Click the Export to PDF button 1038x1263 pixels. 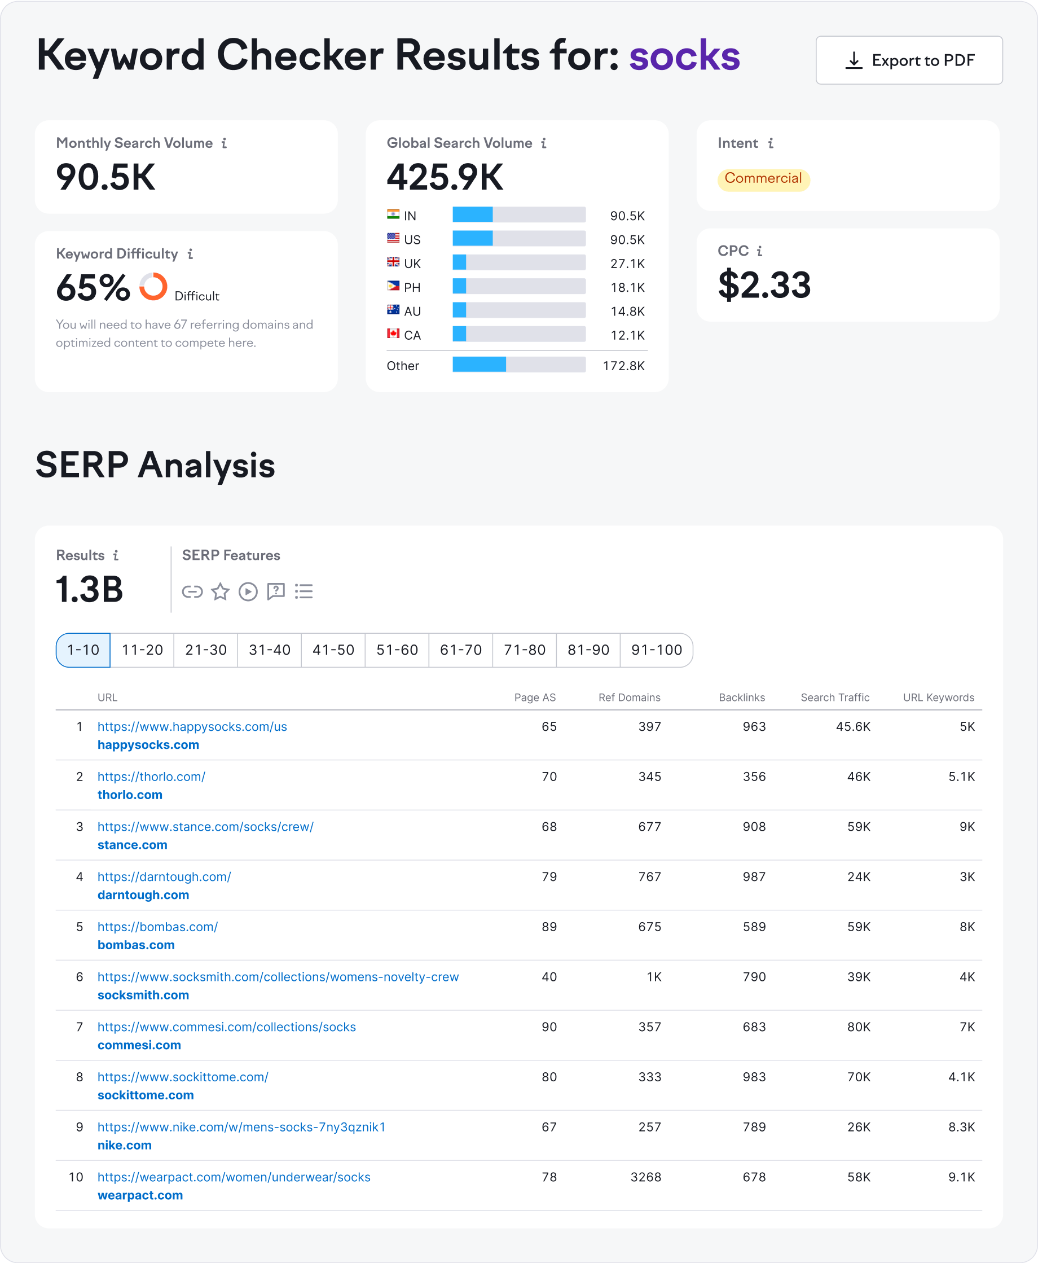908,60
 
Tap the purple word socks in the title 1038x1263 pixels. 684,56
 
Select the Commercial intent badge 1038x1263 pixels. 763,179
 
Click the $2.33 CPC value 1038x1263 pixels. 764,284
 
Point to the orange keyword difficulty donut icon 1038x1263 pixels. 153,287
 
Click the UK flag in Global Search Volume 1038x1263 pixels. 393,262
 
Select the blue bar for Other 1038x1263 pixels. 479,364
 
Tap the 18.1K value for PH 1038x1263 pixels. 627,288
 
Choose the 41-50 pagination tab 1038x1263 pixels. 333,650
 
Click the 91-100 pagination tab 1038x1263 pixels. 656,650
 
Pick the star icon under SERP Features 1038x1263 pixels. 220,591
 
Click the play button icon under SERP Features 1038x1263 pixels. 248,591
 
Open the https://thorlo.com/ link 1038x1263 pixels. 151,777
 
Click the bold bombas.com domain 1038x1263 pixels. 136,945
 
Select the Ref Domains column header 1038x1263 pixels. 629,698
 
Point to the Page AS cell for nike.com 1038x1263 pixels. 549,1127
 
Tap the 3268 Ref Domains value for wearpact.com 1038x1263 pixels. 645,1177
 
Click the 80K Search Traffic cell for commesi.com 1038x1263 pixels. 858,1027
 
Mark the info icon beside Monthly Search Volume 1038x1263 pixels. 224,143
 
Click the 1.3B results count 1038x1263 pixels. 89,589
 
